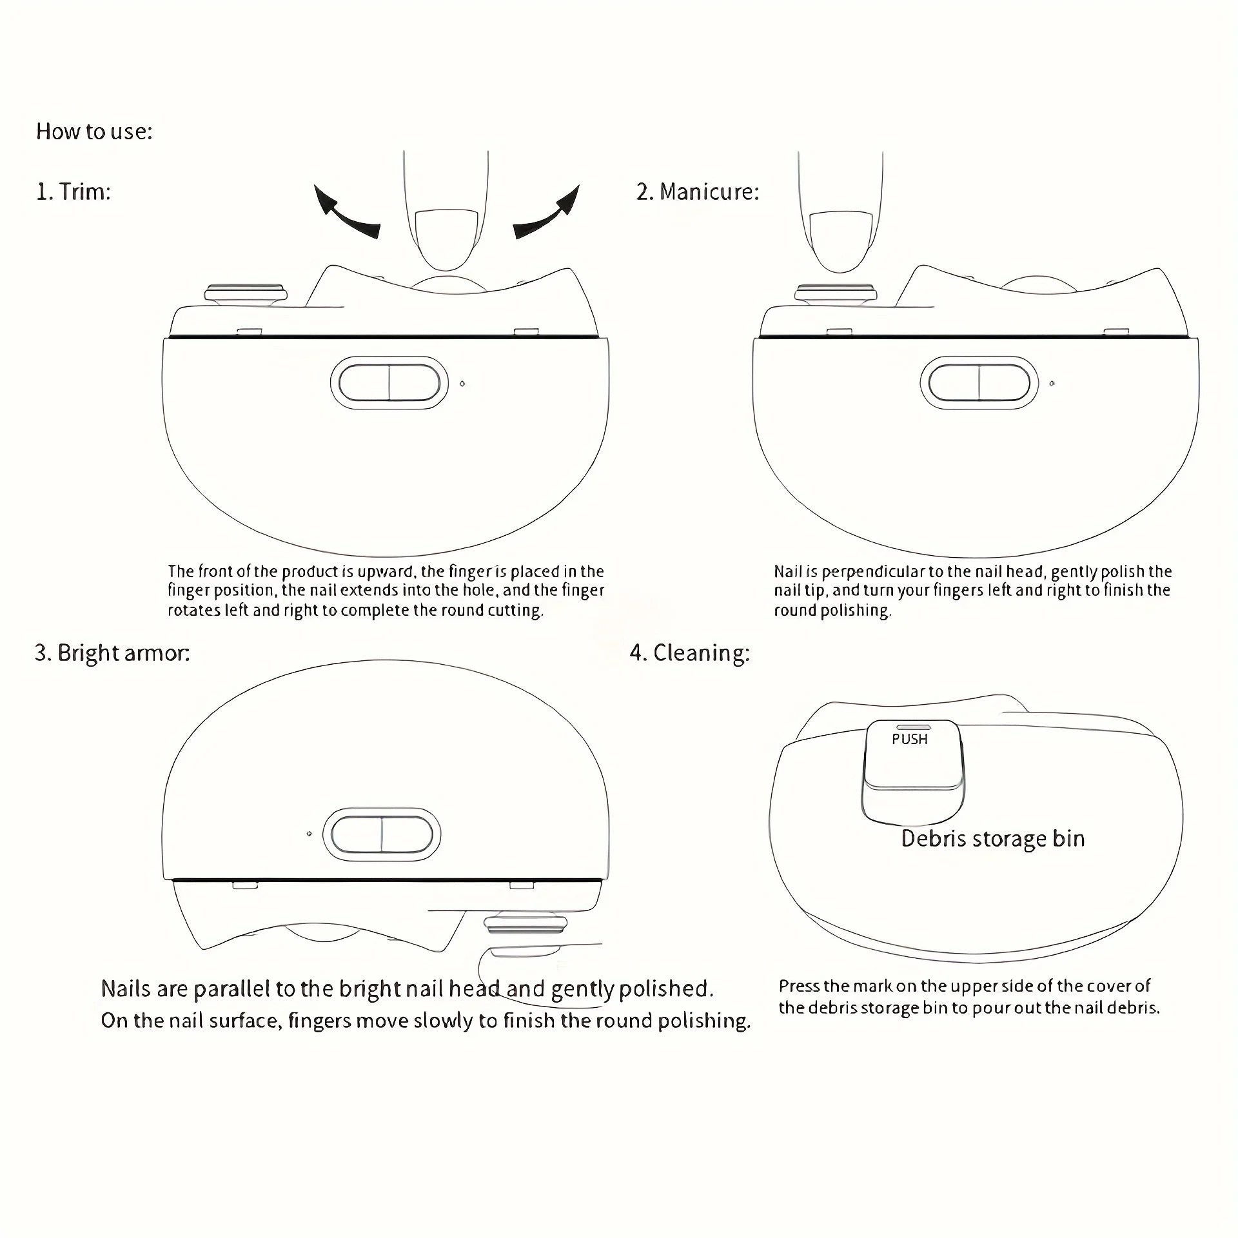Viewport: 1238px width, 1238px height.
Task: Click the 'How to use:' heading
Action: pyautogui.click(x=94, y=132)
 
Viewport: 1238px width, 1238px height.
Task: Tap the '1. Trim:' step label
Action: pyautogui.click(x=74, y=192)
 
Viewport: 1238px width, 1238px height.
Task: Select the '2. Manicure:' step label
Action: pyautogui.click(x=698, y=192)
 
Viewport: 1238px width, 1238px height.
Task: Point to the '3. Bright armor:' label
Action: pyautogui.click(x=112, y=653)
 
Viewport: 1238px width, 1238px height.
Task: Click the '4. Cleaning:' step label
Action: pyautogui.click(x=689, y=653)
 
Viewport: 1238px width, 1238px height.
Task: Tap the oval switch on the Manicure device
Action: pyautogui.click(x=979, y=383)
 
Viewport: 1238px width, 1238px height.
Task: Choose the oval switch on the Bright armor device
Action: pyautogui.click(x=382, y=834)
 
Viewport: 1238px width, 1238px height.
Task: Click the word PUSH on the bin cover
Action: pyautogui.click(x=909, y=740)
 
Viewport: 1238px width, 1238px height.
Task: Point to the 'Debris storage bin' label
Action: pyautogui.click(x=992, y=839)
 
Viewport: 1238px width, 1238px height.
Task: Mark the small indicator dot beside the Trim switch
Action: pyautogui.click(x=462, y=384)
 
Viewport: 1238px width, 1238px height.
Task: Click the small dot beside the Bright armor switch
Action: pyautogui.click(x=309, y=834)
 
